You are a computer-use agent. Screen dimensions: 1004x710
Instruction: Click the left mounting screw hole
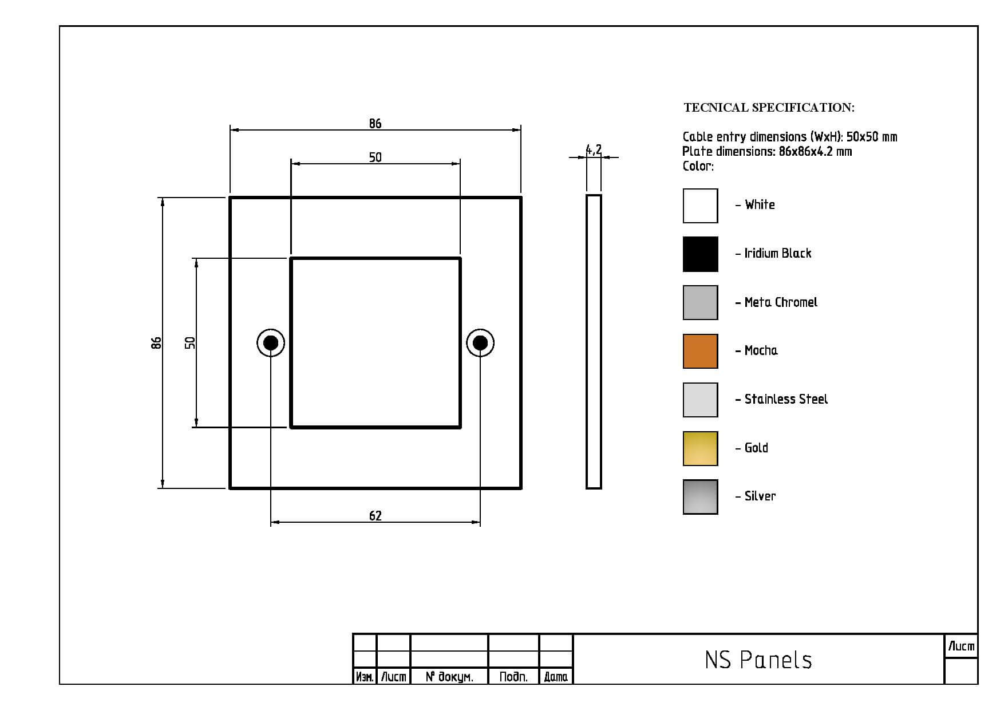[x=271, y=343]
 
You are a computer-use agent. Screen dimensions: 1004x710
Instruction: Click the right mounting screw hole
[x=480, y=343]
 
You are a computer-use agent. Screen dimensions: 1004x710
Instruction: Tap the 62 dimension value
[x=375, y=516]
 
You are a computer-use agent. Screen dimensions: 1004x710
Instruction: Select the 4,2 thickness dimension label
[x=594, y=150]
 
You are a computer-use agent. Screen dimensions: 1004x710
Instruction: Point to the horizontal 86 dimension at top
[x=375, y=124]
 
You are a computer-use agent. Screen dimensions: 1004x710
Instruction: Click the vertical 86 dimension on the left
[x=156, y=343]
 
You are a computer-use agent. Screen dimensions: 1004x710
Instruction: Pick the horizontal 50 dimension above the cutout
[x=375, y=157]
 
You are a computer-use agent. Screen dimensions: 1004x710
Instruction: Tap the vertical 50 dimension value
[x=190, y=343]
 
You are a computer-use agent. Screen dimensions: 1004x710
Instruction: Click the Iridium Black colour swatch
[x=700, y=254]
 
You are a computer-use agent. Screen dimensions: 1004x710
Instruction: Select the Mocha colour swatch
[x=700, y=351]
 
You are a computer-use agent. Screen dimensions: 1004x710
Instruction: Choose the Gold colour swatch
[x=700, y=448]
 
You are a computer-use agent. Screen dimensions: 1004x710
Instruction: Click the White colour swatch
[x=700, y=206]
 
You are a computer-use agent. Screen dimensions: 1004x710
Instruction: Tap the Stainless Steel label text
[x=786, y=399]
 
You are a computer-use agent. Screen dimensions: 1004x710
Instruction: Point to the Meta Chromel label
[x=781, y=302]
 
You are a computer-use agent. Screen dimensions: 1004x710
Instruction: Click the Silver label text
[x=760, y=496]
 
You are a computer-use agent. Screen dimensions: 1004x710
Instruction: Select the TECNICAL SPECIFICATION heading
[x=769, y=108]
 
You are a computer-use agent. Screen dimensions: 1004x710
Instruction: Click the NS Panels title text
[x=758, y=660]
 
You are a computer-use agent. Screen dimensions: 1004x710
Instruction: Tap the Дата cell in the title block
[x=556, y=677]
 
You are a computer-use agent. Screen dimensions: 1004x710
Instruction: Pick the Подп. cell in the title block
[x=513, y=677]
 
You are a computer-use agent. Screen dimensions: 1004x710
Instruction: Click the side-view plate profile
[x=594, y=342]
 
